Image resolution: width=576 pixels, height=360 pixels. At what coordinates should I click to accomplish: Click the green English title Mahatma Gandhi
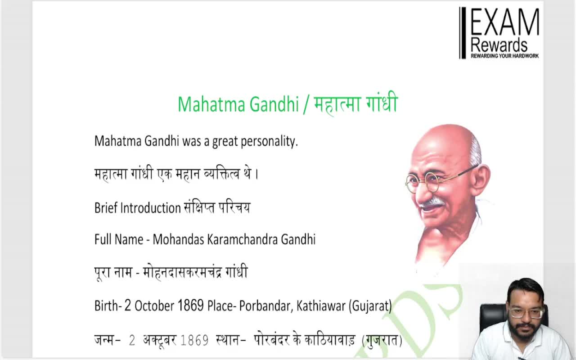coord(238,104)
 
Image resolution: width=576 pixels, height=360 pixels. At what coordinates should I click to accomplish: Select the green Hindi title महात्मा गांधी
coord(355,104)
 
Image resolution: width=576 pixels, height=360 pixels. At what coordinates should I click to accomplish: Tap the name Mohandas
coord(179,239)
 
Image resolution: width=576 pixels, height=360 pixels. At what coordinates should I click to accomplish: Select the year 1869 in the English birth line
coord(191,306)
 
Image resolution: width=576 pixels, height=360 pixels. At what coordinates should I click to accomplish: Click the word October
coord(154,306)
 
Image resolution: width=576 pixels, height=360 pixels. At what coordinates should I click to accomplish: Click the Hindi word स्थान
coord(228,340)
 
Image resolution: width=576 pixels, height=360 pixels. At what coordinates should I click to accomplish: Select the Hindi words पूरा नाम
coord(112,273)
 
